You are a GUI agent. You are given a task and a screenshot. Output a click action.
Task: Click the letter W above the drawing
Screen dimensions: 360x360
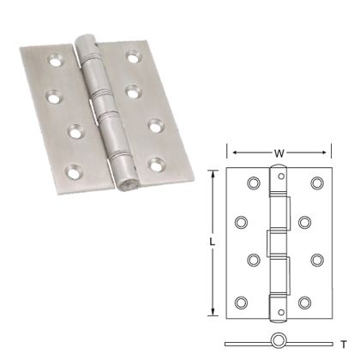pos(279,154)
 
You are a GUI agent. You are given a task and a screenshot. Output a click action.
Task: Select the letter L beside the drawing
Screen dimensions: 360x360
pos(212,243)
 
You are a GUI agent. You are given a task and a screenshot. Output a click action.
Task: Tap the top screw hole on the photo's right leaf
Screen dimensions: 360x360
pos(134,57)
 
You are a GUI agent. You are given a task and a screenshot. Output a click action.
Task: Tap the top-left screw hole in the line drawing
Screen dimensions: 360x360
pos(252,183)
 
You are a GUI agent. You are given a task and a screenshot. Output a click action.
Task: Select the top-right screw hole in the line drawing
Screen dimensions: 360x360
pos(316,183)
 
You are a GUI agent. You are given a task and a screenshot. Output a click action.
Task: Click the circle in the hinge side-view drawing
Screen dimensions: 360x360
pos(278,340)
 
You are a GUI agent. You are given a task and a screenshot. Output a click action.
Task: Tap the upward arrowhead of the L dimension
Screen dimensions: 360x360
pos(212,172)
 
